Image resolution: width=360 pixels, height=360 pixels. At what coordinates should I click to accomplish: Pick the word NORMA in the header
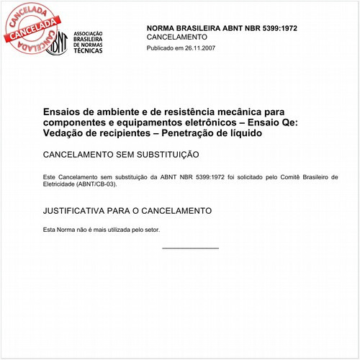click(163, 28)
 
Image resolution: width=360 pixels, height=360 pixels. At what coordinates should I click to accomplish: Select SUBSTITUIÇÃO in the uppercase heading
click(159, 155)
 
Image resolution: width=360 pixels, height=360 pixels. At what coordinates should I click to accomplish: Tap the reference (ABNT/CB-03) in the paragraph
click(94, 184)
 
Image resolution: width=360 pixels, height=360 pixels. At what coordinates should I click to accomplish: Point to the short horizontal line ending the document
click(190, 248)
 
